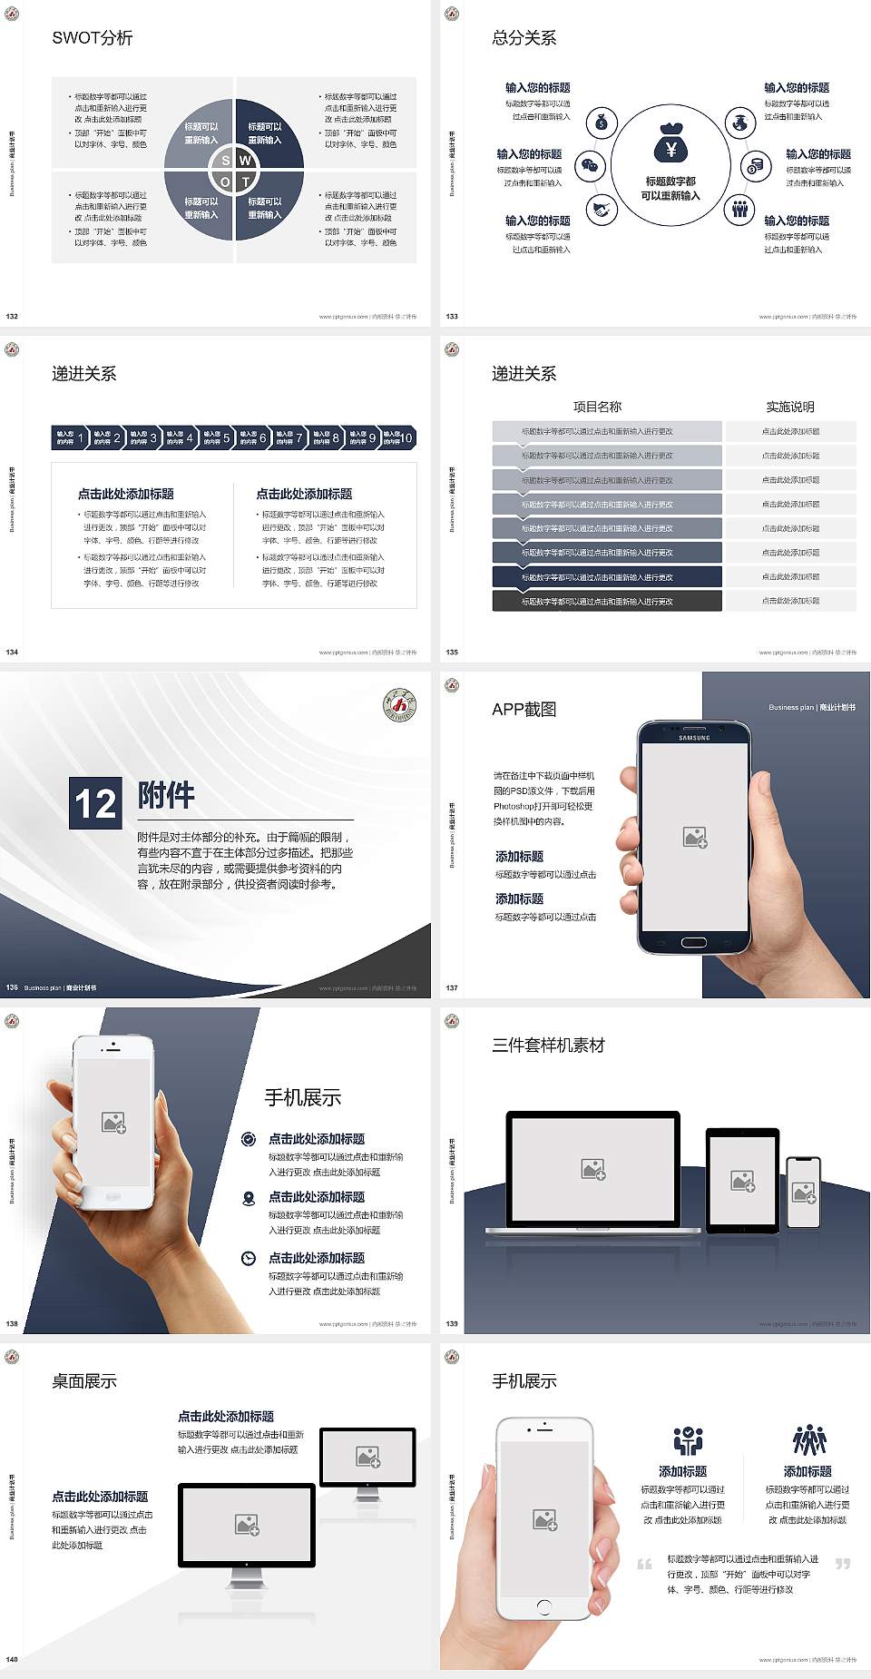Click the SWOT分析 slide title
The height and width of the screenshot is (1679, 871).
(x=93, y=38)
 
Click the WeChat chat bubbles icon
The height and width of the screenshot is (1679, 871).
(x=592, y=166)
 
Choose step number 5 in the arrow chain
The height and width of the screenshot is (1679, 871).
(x=226, y=438)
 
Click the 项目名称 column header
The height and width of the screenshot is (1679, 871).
(x=597, y=407)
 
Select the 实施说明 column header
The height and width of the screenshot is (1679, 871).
(x=790, y=407)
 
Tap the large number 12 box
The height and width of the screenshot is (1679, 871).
(x=95, y=803)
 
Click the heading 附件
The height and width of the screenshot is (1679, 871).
(x=166, y=795)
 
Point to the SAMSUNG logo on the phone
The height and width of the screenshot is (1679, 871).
(x=694, y=738)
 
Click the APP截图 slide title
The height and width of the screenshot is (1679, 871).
(x=524, y=710)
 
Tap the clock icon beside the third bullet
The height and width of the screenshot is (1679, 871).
(x=249, y=1258)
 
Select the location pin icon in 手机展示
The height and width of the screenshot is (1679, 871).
(x=249, y=1198)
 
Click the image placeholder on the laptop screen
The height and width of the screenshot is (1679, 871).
(x=593, y=1169)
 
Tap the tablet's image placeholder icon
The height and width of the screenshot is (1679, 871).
(x=743, y=1180)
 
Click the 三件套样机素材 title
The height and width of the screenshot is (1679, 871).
(x=548, y=1046)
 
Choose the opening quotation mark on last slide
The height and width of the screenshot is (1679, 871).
(x=644, y=1564)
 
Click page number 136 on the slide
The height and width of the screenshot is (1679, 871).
(x=12, y=987)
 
